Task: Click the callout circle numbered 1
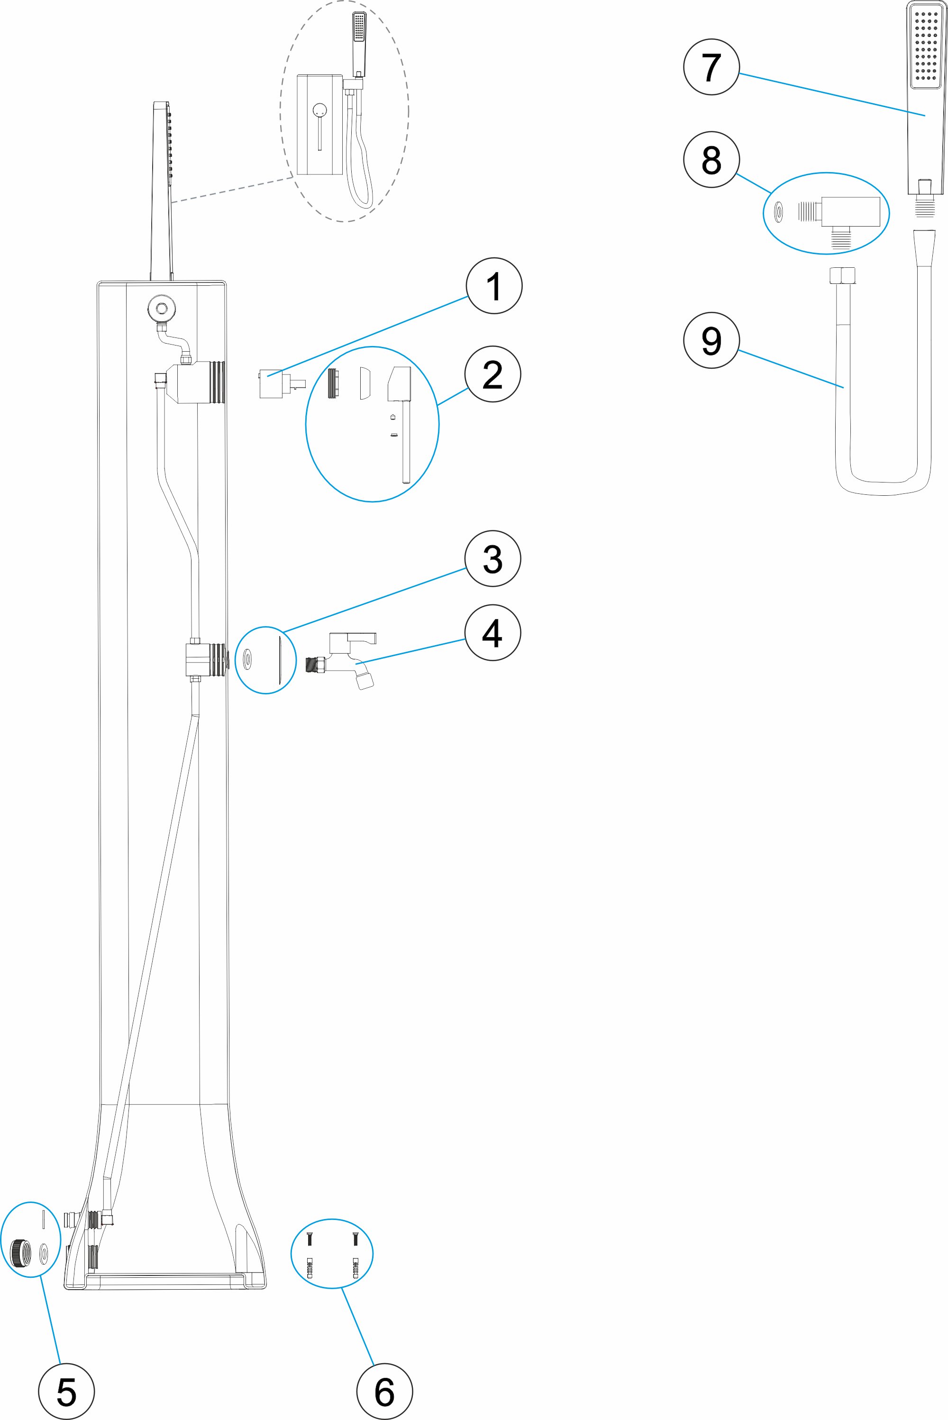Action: (494, 286)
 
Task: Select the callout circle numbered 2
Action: (493, 374)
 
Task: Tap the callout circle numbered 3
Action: (493, 559)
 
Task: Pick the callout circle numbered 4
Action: (493, 633)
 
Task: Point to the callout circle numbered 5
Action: (66, 1391)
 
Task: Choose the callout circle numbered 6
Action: (384, 1391)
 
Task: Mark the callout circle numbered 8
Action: (711, 160)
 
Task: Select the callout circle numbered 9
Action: (711, 340)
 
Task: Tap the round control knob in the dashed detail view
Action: (320, 110)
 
